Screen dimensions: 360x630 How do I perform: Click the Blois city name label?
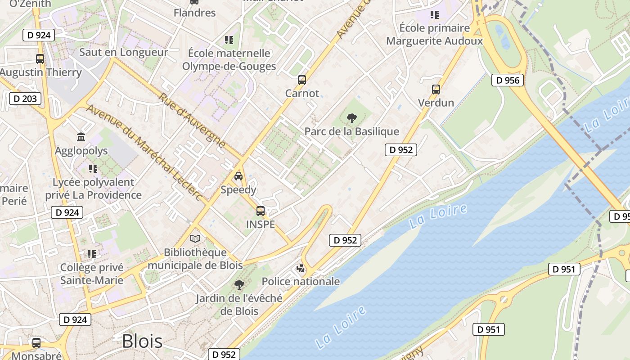click(142, 341)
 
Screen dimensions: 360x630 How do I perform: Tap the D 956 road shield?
click(508, 81)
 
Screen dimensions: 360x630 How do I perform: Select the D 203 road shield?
click(25, 99)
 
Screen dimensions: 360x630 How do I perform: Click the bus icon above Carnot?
click(302, 80)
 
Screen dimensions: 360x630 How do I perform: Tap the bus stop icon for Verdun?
click(436, 89)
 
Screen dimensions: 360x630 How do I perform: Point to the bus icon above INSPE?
click(261, 211)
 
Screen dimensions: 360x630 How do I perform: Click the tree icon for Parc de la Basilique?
click(352, 118)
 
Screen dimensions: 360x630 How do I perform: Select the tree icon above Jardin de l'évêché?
click(239, 284)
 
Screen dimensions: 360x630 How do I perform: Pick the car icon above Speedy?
click(238, 176)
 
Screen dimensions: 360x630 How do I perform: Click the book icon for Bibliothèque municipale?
click(195, 238)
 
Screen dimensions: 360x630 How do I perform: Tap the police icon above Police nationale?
click(300, 269)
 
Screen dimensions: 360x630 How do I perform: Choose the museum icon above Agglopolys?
click(81, 137)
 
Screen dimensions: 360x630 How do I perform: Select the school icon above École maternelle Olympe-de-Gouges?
click(229, 40)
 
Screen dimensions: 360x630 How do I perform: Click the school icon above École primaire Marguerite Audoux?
click(434, 15)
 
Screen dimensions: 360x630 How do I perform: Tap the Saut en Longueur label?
click(124, 52)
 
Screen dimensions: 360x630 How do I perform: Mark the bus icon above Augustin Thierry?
click(40, 58)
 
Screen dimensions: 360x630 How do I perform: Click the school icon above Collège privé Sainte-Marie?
click(92, 254)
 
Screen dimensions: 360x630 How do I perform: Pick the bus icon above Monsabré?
click(36, 342)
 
